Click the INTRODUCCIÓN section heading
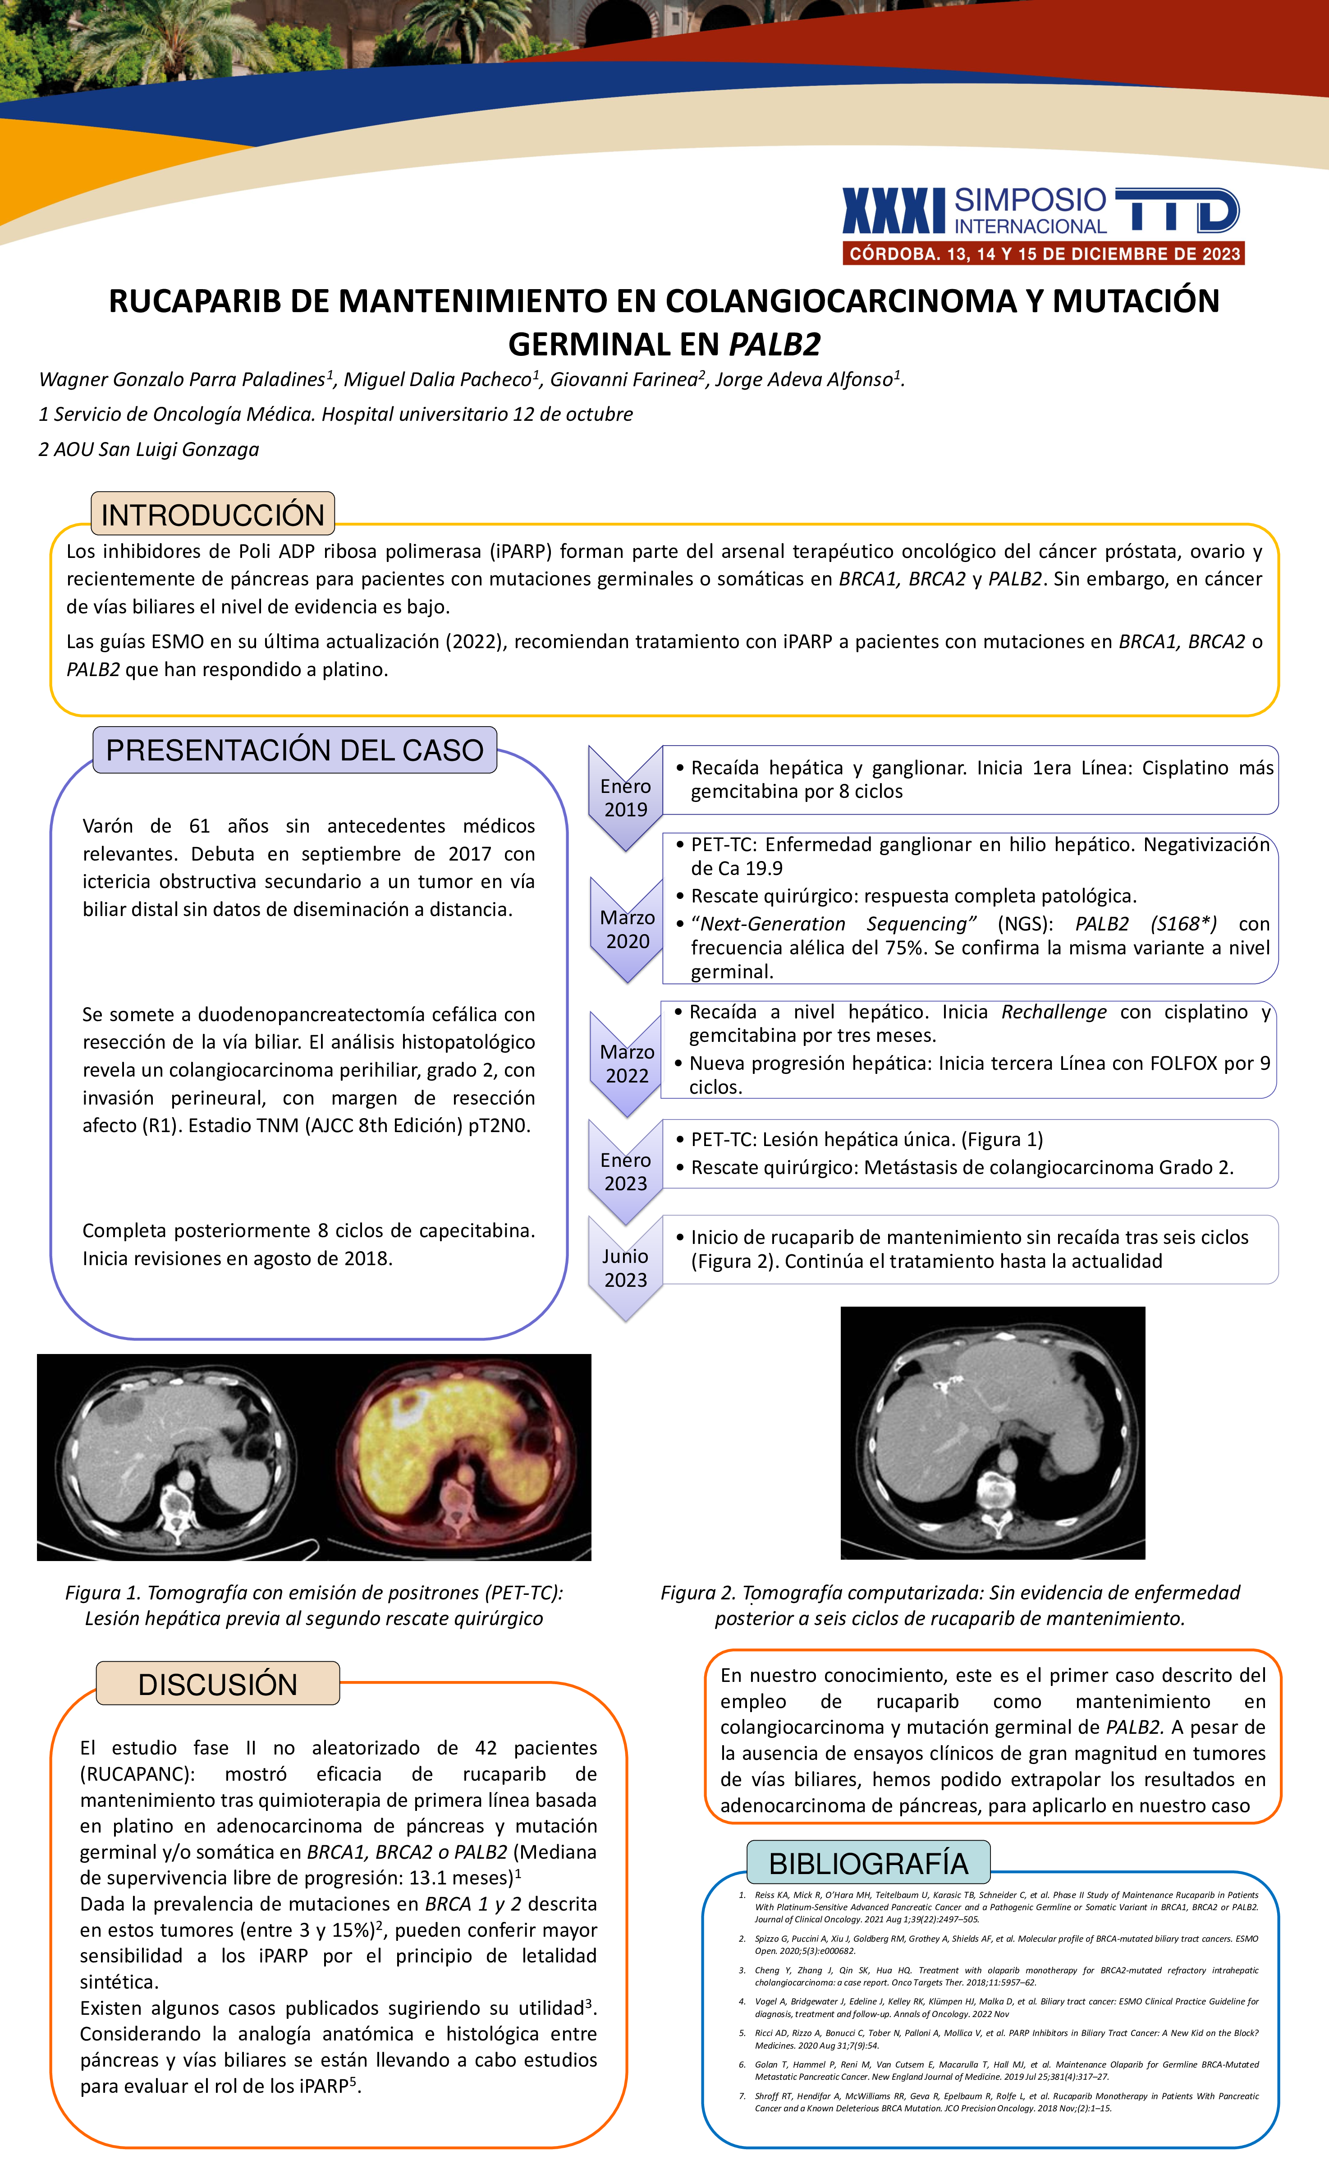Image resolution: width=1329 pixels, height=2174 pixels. tap(212, 514)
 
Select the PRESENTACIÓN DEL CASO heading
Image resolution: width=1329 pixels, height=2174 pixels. tap(294, 750)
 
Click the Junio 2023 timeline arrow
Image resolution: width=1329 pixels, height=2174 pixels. tap(625, 1268)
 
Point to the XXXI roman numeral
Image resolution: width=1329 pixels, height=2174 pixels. tap(894, 211)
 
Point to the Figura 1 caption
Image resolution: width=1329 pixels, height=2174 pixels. tap(314, 1605)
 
